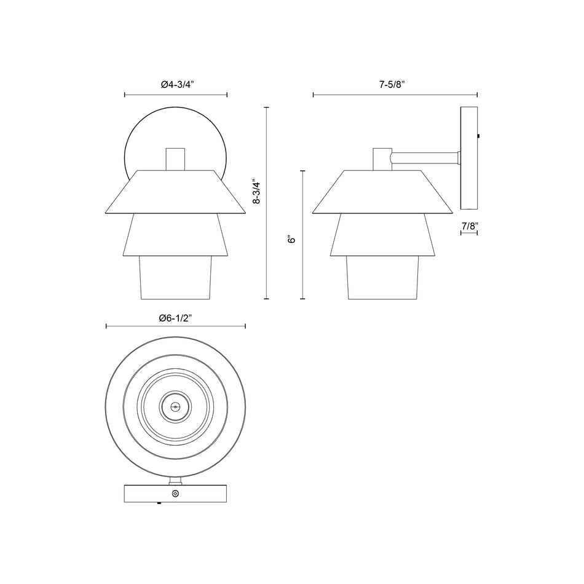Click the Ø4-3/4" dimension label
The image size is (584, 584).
coord(176,85)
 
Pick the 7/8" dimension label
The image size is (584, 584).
coord(469,226)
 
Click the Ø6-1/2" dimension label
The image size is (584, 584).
coord(176,318)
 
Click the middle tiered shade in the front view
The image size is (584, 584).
coord(176,235)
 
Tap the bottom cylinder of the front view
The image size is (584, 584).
coord(176,278)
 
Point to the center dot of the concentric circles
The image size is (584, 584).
coord(176,406)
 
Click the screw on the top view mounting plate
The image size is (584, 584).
coord(176,494)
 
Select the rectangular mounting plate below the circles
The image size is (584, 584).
coord(141,494)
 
